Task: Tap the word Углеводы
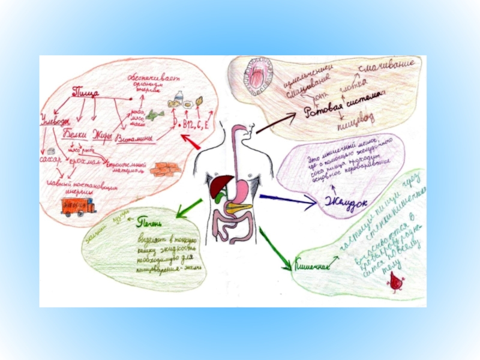pyautogui.click(x=55, y=120)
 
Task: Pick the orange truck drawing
pyautogui.click(x=79, y=206)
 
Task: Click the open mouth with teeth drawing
pyautogui.click(x=254, y=78)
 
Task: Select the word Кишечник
pyautogui.click(x=313, y=265)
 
